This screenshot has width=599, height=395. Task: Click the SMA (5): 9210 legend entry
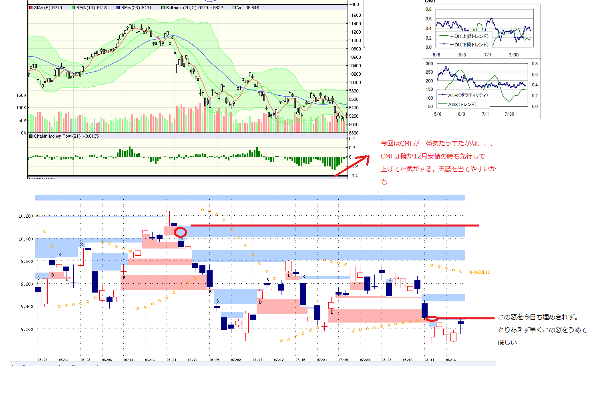tap(46, 8)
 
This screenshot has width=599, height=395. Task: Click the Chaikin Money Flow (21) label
tap(64, 136)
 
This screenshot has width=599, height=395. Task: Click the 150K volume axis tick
tap(21, 95)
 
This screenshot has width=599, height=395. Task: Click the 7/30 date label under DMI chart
tap(513, 55)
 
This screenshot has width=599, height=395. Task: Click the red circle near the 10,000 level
tap(180, 232)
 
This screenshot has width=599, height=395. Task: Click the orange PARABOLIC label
tap(479, 272)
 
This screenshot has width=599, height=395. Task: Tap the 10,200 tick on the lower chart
tap(26, 216)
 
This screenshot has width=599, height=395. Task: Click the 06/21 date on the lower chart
tap(171, 360)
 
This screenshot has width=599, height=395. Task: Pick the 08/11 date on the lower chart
tap(429, 360)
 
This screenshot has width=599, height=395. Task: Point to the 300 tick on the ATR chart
tap(429, 64)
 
